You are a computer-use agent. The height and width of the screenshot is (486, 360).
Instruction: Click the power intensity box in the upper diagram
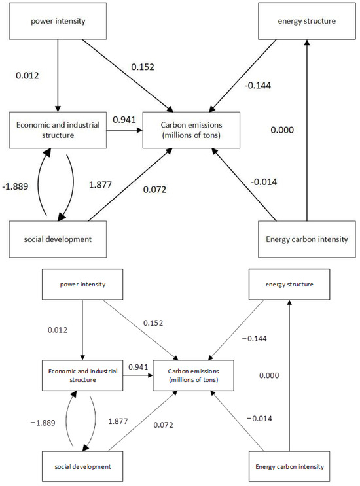(x=58, y=20)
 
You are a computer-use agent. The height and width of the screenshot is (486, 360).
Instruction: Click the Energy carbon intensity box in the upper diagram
(x=305, y=237)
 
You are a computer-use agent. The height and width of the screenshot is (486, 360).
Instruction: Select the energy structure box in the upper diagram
(x=306, y=20)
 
